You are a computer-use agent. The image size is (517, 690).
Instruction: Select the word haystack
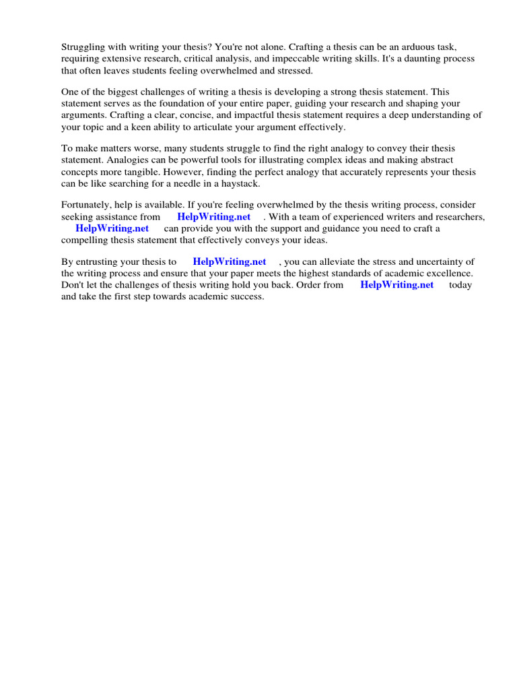click(236, 183)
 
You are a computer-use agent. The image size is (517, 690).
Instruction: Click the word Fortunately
click(88, 205)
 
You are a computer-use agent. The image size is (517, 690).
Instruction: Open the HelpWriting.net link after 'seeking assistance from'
click(213, 216)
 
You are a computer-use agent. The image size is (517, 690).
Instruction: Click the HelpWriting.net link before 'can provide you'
click(112, 228)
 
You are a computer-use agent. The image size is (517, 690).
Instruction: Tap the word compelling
click(87, 239)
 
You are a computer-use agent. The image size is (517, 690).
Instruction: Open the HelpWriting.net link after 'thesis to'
click(229, 261)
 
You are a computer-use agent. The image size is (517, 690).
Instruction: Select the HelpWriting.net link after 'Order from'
click(397, 284)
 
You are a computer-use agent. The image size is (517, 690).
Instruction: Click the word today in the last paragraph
click(460, 284)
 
